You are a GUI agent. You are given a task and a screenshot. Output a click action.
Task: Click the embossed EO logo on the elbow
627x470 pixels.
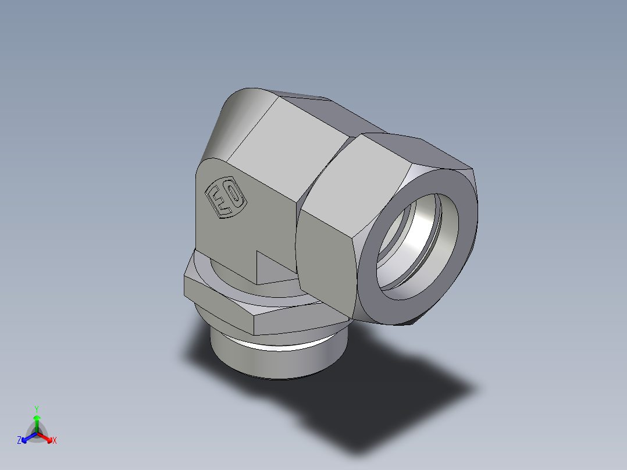click(x=226, y=198)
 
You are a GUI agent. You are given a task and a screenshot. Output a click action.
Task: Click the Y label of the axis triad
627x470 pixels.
click(x=36, y=409)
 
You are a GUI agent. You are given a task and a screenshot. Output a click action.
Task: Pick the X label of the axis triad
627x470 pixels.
click(x=54, y=441)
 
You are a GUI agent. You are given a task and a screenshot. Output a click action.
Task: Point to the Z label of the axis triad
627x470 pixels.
click(x=19, y=441)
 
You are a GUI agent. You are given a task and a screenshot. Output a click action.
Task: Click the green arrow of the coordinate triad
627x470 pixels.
click(x=37, y=422)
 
